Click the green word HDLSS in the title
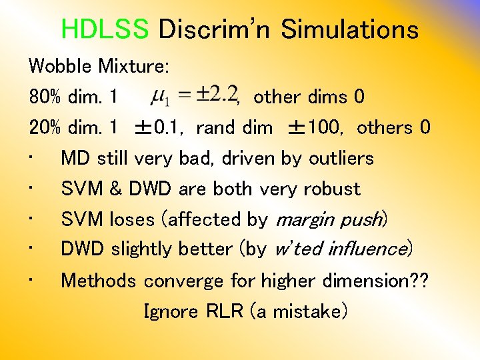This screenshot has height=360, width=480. pos(105,29)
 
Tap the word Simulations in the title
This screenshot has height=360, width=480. pos(349,29)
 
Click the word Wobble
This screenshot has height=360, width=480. pos(61,67)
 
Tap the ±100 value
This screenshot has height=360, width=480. pos(314,127)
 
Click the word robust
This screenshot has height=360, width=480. pos(331,189)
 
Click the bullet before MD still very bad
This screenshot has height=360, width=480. pos(31,159)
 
